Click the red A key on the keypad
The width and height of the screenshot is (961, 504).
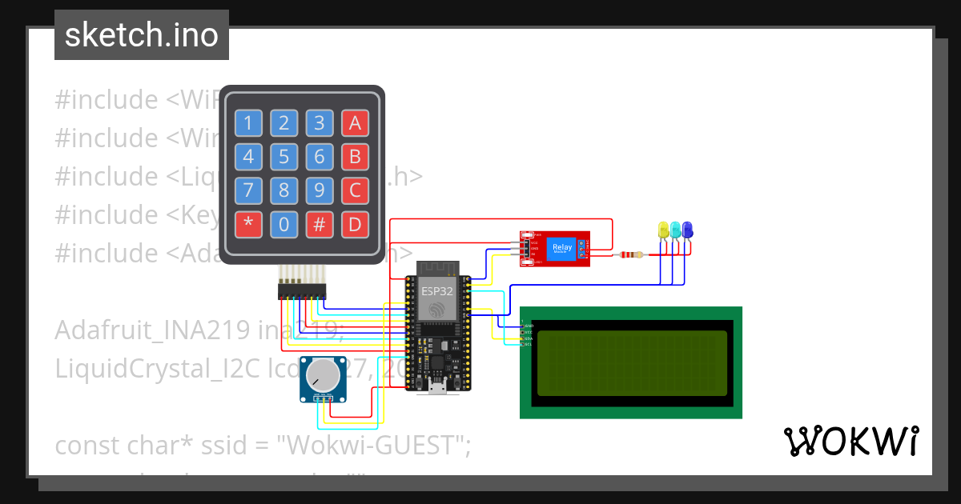(355, 123)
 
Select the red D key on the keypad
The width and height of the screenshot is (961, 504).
(355, 225)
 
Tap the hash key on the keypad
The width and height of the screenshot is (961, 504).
(319, 225)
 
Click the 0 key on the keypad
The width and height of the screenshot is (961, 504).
(283, 225)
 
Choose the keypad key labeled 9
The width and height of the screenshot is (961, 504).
(319, 191)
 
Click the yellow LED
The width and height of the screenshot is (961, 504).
(663, 230)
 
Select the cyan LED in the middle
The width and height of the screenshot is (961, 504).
(675, 230)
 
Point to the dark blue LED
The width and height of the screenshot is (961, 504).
(687, 230)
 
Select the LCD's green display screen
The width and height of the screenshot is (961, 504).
(631, 362)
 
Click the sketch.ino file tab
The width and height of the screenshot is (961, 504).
(142, 35)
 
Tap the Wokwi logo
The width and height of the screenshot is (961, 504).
(850, 441)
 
